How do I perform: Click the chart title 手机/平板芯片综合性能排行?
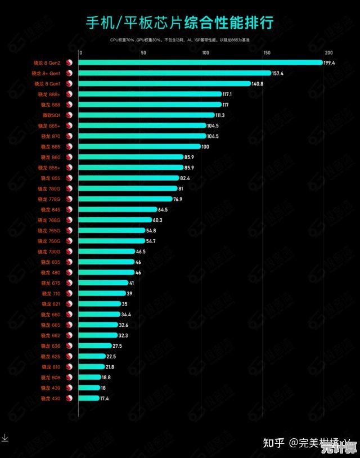point(179,23)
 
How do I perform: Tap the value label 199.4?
point(329,63)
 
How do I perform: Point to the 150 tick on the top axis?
point(267,53)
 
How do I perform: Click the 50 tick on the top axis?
point(143,53)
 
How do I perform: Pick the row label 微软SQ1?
point(51,115)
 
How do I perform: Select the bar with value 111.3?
point(146,115)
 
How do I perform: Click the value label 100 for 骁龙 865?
point(205,147)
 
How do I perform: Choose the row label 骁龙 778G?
point(49,199)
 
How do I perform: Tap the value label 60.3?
point(157,220)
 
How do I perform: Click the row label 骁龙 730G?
point(49,252)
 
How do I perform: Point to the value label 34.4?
point(126,315)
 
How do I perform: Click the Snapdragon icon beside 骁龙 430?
point(70,398)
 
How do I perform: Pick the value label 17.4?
point(104,398)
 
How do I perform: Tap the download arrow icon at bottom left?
point(4,437)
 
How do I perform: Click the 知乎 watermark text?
point(274,442)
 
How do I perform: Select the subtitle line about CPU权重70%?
point(179,40)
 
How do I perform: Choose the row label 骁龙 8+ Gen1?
point(46,73)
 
